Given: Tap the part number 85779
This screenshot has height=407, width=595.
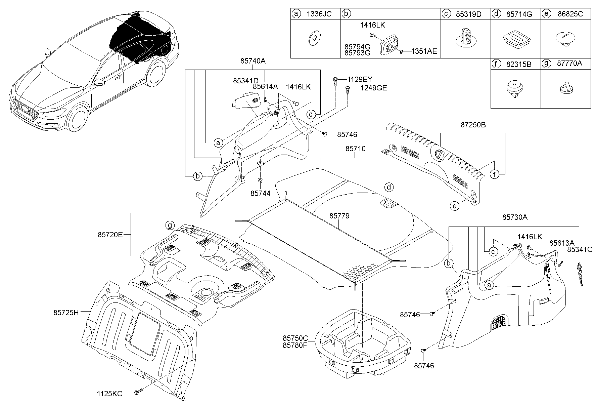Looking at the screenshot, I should (x=339, y=216).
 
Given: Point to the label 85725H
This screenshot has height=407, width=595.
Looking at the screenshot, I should (x=66, y=313).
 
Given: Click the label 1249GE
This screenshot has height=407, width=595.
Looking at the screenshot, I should (x=374, y=88).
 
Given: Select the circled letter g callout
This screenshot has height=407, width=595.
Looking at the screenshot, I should (x=170, y=225).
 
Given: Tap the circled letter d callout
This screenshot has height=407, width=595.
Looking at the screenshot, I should (x=388, y=187).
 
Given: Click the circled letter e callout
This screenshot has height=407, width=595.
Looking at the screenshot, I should (x=454, y=206).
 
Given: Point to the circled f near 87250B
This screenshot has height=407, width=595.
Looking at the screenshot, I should (x=494, y=174).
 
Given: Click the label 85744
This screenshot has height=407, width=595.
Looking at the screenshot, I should (x=260, y=193).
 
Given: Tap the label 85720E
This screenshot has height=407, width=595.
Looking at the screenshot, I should (x=110, y=235).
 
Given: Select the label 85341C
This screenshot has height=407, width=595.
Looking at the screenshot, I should (x=580, y=249).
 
